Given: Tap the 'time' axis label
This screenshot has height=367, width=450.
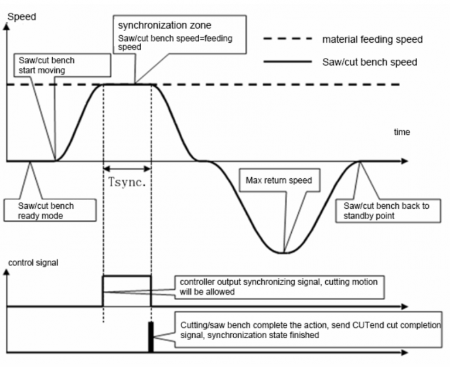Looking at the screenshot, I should [x=401, y=132].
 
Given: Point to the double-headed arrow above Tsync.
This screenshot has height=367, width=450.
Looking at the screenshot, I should [x=127, y=167].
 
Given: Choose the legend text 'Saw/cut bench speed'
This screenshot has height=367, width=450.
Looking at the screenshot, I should [x=369, y=62].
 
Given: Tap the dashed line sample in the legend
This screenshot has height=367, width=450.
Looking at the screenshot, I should [x=287, y=40].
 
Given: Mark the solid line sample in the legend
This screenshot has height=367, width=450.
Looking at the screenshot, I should [x=287, y=62].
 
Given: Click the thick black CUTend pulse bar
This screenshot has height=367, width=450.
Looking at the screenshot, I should [x=151, y=337].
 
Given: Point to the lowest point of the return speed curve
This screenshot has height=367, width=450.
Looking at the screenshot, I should [x=283, y=253].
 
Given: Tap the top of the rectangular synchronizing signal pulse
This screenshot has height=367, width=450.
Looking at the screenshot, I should [x=127, y=275].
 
